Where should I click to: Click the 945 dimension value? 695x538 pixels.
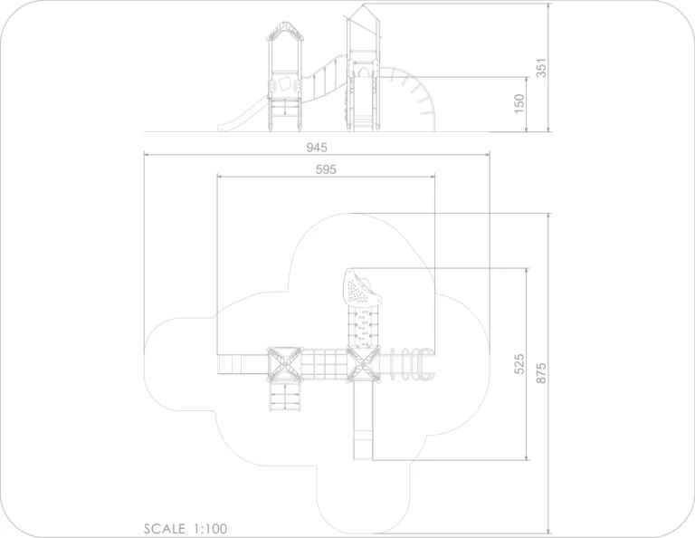pos(317,148)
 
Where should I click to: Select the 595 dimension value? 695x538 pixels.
pos(326,169)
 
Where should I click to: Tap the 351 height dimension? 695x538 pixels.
pos(541,68)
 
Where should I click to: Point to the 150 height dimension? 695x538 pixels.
pos(519,103)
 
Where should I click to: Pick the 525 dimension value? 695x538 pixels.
pos(519,364)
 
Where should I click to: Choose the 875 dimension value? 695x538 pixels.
pos(541,373)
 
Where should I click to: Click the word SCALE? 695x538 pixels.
pos(165,529)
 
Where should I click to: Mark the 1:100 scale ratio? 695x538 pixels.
pos(210,529)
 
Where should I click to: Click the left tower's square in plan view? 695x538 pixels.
pos(285,364)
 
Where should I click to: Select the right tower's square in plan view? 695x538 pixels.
pos(363,364)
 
